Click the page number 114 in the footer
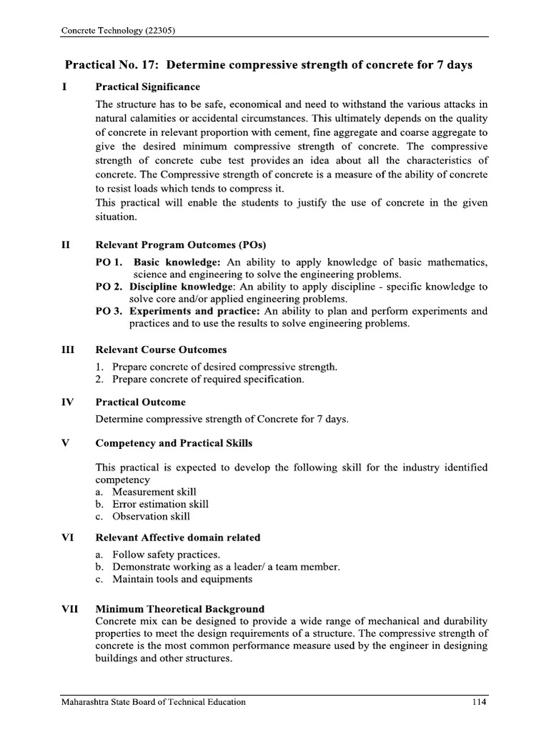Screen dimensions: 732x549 pos(478,702)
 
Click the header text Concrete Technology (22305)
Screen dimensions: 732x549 pos(119,31)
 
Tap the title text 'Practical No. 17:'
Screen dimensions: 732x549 pos(114,65)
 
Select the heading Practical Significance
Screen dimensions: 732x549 pos(148,86)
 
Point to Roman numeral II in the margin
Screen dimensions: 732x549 pos(66,245)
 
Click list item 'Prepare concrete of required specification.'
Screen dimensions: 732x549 pos(208,380)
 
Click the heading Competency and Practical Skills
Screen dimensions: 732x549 pos(174,443)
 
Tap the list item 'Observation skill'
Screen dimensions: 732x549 pos(151,516)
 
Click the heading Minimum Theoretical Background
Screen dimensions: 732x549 pos(179,609)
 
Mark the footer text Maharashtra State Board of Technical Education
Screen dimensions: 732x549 pos(153,702)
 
